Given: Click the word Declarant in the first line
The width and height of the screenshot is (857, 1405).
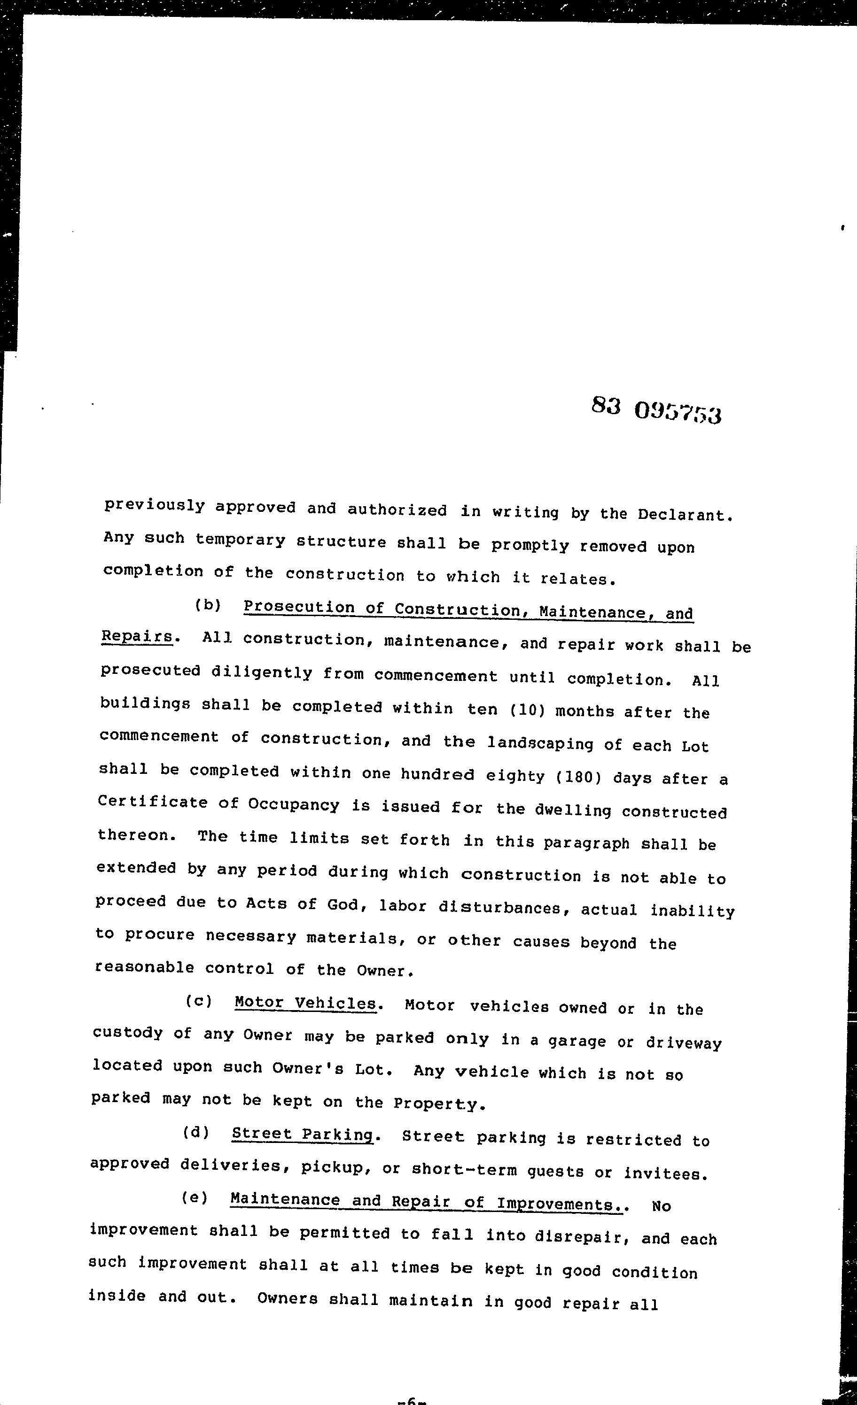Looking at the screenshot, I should (684, 514).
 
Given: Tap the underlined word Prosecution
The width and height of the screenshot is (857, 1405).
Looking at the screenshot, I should (298, 607).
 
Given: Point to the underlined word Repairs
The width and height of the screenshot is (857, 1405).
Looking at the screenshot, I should (136, 637).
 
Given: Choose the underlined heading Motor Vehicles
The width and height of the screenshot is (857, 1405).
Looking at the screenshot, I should (305, 1003).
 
